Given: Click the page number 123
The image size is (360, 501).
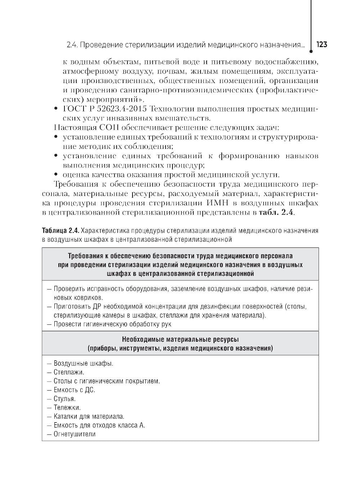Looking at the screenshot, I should (321, 45).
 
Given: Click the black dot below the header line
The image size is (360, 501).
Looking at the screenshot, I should (311, 51).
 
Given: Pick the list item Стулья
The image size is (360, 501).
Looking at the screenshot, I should (65, 399).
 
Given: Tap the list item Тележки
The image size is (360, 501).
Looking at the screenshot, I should (67, 407).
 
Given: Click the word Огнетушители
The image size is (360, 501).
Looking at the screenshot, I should (75, 434).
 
